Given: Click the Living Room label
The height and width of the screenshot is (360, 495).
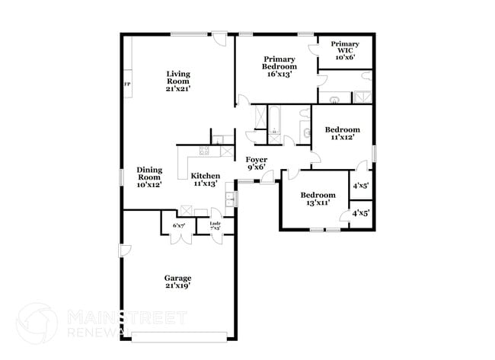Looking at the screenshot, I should click(x=178, y=81).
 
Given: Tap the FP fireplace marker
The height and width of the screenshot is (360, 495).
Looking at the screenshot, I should click(x=126, y=84).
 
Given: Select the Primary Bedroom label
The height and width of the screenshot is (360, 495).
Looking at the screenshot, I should click(x=279, y=62).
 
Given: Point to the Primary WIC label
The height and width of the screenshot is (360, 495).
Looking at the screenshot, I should click(x=344, y=50).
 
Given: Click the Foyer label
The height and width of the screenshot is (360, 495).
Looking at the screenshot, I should click(x=256, y=163).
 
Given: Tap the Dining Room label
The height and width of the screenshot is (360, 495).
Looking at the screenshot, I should click(x=149, y=177).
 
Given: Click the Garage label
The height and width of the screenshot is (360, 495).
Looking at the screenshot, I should click(x=178, y=281).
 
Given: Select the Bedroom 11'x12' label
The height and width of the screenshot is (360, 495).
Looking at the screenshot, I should click(x=342, y=133).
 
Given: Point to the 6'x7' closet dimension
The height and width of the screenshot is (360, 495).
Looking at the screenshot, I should click(x=179, y=225).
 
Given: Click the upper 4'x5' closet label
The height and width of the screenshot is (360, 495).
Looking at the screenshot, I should click(x=360, y=185).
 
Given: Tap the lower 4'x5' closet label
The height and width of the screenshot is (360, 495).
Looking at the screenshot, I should click(x=360, y=215).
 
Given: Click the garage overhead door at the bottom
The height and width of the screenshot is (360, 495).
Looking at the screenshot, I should click(x=178, y=335).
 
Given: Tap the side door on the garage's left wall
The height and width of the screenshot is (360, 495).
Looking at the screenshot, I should click(x=123, y=250).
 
